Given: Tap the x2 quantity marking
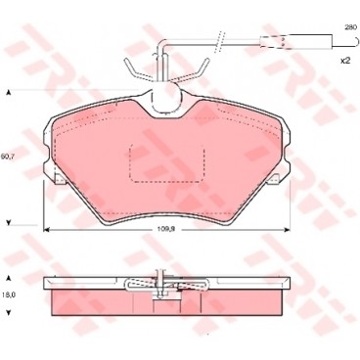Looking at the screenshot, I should click(344, 61).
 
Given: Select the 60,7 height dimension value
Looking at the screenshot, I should click(10, 157).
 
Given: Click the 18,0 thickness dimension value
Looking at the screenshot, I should click(10, 292).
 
